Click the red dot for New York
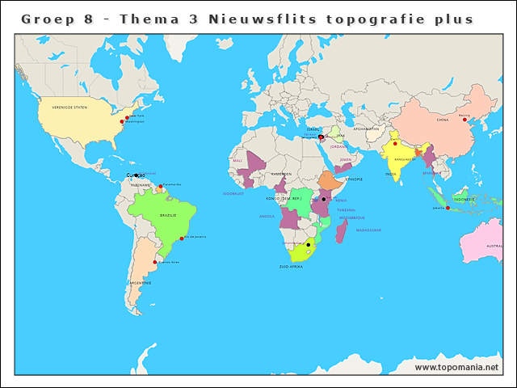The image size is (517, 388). point(126,116)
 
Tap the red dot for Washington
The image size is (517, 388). point(122,122)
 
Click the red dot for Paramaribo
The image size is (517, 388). point(161,186)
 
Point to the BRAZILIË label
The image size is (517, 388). point(168,216)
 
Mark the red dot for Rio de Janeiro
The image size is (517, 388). point(183,238)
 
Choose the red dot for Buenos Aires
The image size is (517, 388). point(155,262)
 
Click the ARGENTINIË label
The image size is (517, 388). point(141,283)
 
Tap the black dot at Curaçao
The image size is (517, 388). point(137,175)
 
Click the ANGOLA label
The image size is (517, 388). point(267,217)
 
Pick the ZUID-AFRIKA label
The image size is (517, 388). point(290,266)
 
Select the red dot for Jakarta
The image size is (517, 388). point(448,208)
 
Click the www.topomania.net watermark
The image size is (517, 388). point(457,367)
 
